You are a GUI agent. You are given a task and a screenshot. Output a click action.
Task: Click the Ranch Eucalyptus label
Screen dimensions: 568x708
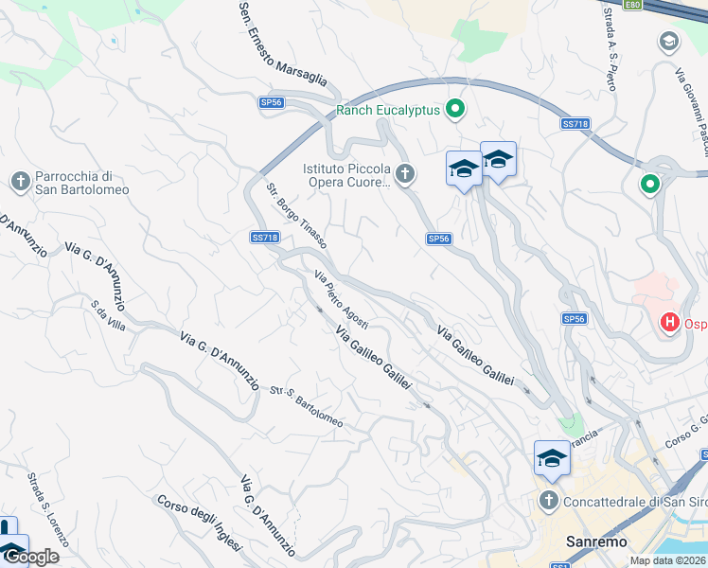(388, 110)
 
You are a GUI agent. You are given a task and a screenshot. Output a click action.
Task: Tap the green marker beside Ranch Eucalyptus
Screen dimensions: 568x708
(455, 110)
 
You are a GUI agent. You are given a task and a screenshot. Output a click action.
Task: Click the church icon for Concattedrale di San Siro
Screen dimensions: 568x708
(548, 501)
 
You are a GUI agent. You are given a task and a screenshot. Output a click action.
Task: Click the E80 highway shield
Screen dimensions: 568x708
(633, 5)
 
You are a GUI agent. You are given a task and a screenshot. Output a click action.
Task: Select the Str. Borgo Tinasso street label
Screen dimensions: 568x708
(296, 215)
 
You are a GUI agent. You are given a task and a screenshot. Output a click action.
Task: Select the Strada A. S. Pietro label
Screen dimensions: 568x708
(604, 57)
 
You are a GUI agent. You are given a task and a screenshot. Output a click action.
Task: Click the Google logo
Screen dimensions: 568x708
(30, 557)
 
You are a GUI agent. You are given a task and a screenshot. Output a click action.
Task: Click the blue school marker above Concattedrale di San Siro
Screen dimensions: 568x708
(552, 459)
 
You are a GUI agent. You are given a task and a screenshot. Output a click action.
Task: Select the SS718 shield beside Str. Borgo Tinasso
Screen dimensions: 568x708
(265, 238)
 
